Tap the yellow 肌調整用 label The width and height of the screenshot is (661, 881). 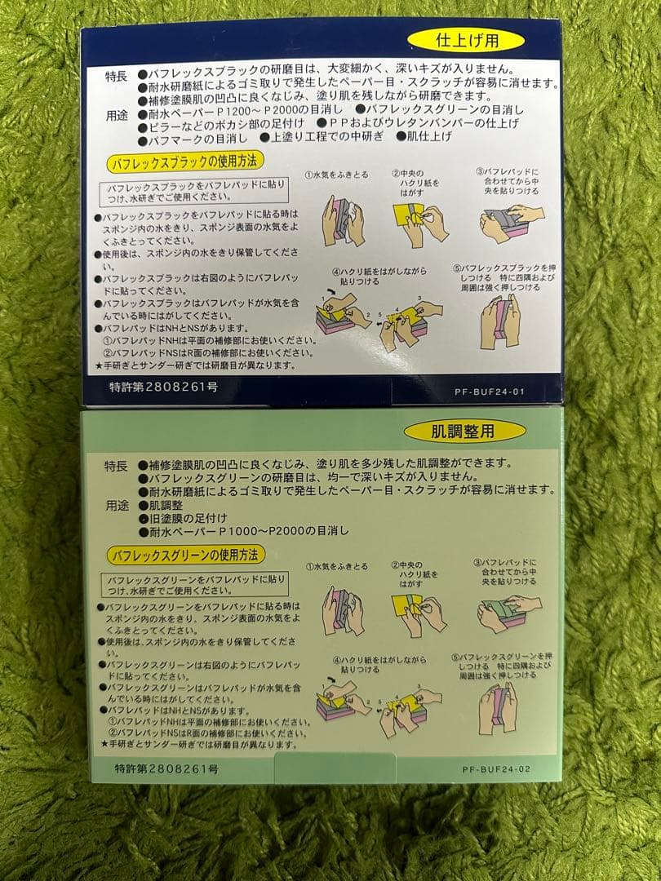453,432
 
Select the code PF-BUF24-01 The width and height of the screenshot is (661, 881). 489,391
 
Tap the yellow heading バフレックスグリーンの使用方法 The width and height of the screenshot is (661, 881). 186,555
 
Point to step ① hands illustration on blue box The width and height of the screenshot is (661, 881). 342,218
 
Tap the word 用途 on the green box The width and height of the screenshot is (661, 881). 116,506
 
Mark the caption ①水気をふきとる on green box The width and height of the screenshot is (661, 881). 337,566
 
